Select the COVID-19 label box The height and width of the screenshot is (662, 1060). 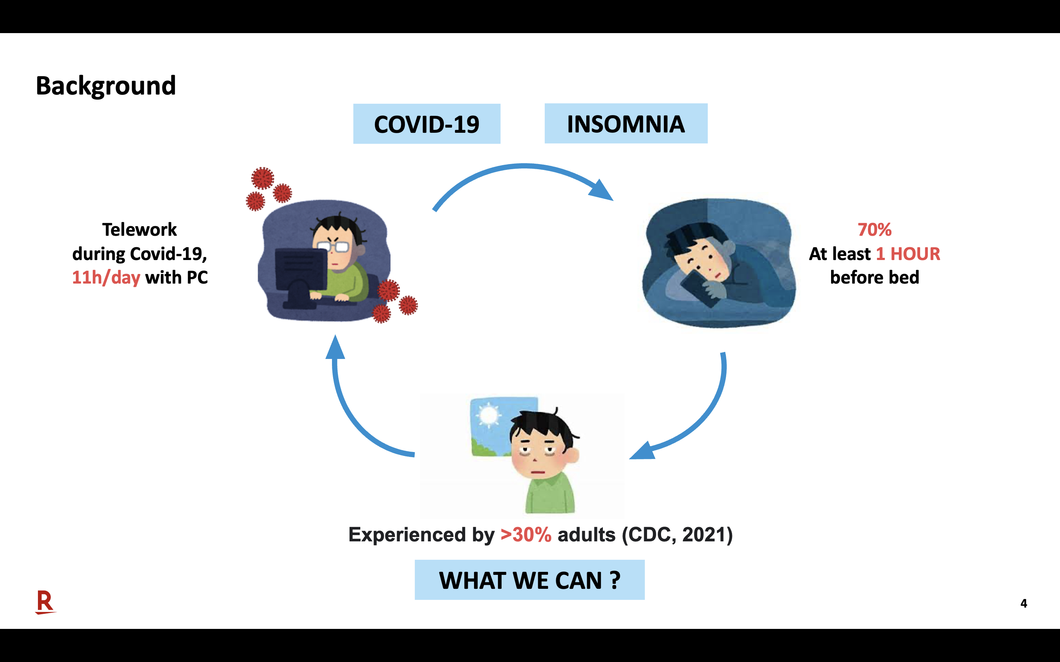pos(427,124)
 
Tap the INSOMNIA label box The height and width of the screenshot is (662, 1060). pos(626,124)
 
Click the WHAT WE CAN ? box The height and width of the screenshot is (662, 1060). pos(530,580)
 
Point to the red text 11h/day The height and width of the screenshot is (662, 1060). pos(106,278)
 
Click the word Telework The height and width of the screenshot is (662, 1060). pos(139,229)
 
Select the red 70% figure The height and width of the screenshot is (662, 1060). pos(874,229)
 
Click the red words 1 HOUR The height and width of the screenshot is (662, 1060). pos(908,253)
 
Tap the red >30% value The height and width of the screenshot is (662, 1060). pos(526,535)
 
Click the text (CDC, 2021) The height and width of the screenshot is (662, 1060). pos(677,535)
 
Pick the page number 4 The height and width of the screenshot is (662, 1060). pos(1024,603)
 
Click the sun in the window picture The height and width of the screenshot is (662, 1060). pos(488,414)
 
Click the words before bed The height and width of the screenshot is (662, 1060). pos(874,278)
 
